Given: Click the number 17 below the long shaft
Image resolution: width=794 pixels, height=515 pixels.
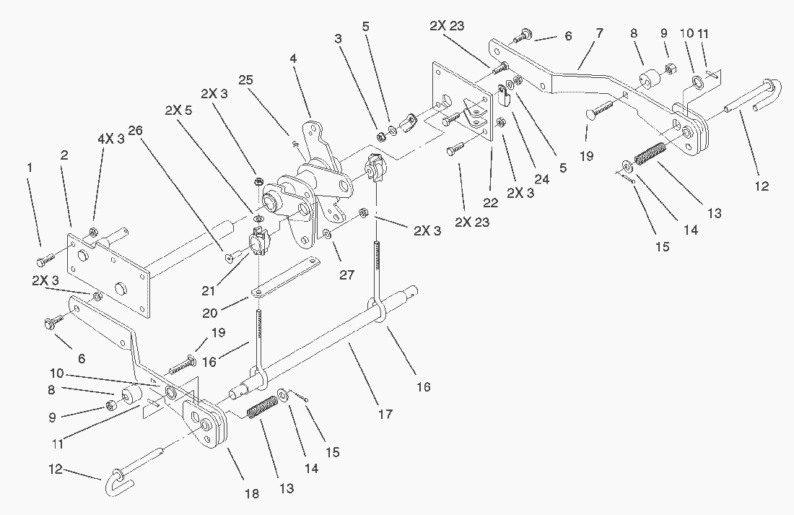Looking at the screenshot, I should point(385,414).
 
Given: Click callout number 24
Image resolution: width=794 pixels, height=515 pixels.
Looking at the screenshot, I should point(541,179).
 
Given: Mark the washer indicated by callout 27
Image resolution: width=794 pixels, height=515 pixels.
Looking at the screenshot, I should point(328,234).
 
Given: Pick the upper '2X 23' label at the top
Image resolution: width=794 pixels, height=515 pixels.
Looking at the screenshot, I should point(448,25).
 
